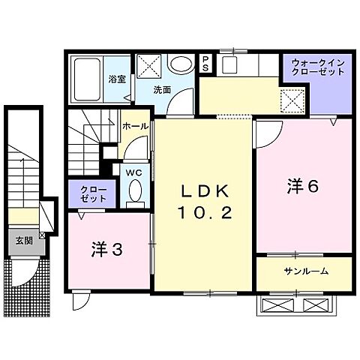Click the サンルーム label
tap(305, 270)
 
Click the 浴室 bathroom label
tap(115, 79)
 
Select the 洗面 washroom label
tap(162, 89)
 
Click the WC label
tap(133, 172)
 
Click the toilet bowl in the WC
tap(135, 195)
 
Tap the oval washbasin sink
tap(180, 64)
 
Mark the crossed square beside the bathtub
tap(148, 66)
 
